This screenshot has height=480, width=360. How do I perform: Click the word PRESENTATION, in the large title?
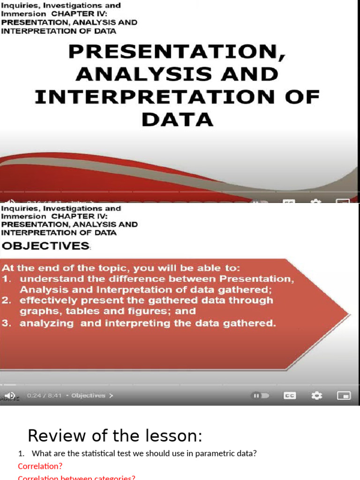(x=177, y=52)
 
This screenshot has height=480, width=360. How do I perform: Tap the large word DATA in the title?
(x=177, y=120)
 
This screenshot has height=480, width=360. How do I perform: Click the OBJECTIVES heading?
(x=45, y=246)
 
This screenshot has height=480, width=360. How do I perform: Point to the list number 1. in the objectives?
(x=7, y=279)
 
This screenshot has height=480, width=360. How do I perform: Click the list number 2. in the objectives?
(x=7, y=300)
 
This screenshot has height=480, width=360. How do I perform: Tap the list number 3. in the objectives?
(x=7, y=323)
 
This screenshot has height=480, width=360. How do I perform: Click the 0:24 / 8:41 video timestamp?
(x=44, y=396)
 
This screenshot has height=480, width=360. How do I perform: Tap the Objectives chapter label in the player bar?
(x=89, y=396)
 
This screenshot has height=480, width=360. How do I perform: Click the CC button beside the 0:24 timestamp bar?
(x=290, y=396)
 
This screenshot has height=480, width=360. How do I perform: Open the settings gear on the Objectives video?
(x=317, y=396)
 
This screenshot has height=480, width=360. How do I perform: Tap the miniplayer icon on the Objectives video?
(x=344, y=396)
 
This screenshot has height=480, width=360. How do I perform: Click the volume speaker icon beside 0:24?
(x=10, y=396)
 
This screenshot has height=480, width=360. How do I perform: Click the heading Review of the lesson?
(x=115, y=436)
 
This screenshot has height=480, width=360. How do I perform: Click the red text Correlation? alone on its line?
(x=40, y=466)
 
